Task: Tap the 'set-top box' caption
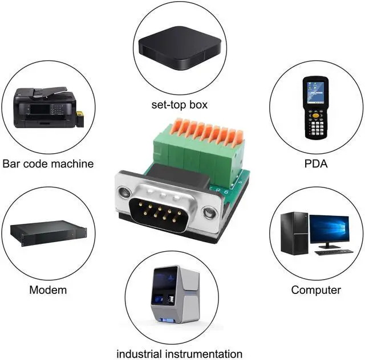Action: click(x=179, y=105)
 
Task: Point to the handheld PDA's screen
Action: click(x=315, y=91)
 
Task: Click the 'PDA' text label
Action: click(x=315, y=164)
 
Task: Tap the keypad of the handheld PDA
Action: click(x=315, y=120)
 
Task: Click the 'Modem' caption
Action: click(x=48, y=290)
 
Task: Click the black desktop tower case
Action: click(x=294, y=234)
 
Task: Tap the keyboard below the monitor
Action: click(x=334, y=251)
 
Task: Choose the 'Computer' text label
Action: click(x=316, y=290)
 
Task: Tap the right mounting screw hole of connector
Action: click(x=210, y=214)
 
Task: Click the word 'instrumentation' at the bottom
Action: click(x=204, y=354)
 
